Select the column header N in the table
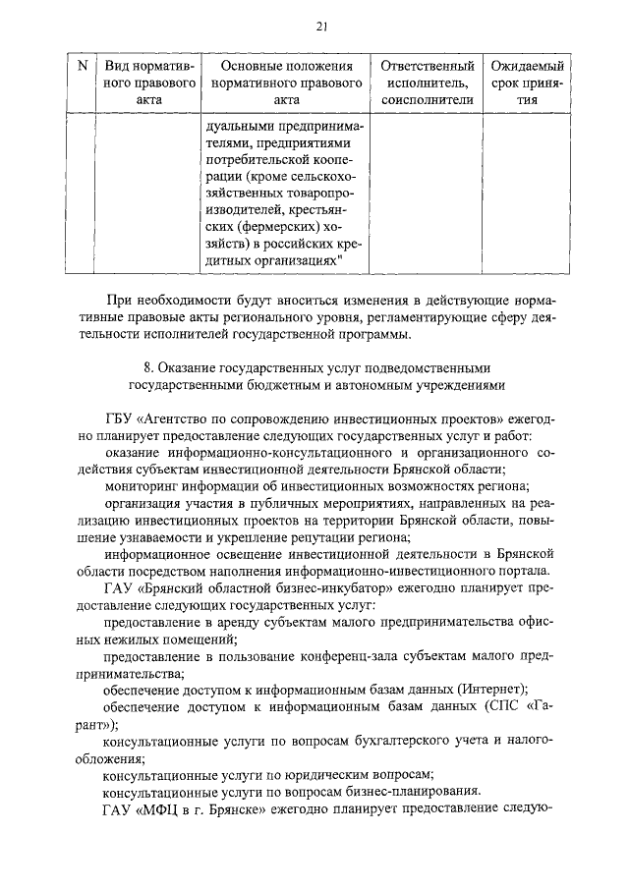tap(83, 66)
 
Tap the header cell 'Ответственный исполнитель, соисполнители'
tap(428, 83)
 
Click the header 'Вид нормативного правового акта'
tap(144, 83)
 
